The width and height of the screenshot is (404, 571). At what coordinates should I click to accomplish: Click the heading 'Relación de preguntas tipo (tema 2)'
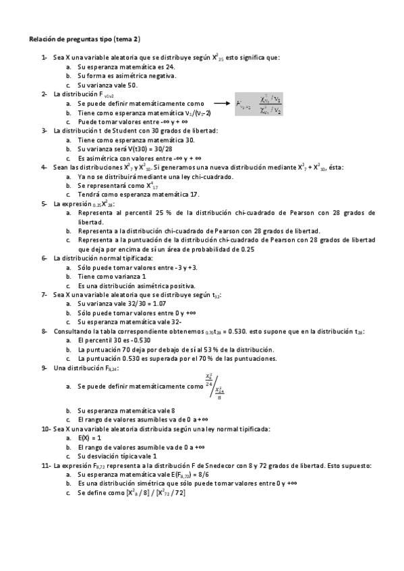pos(84,39)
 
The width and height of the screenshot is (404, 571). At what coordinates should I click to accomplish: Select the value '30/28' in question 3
pos(148,149)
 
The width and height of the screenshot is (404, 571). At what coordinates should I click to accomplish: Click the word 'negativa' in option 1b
pos(142,76)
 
